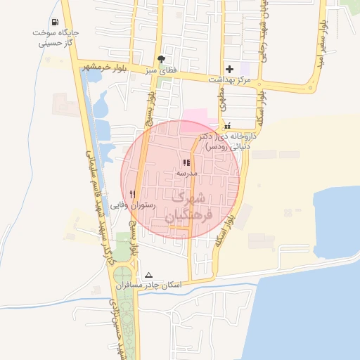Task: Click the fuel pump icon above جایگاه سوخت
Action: click(56, 22)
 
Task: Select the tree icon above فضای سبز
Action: click(163, 59)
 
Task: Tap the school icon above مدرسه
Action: click(186, 162)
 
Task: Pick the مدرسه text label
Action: click(187, 172)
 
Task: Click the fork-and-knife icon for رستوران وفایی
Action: click(132, 194)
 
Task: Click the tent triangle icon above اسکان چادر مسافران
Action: click(148, 275)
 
